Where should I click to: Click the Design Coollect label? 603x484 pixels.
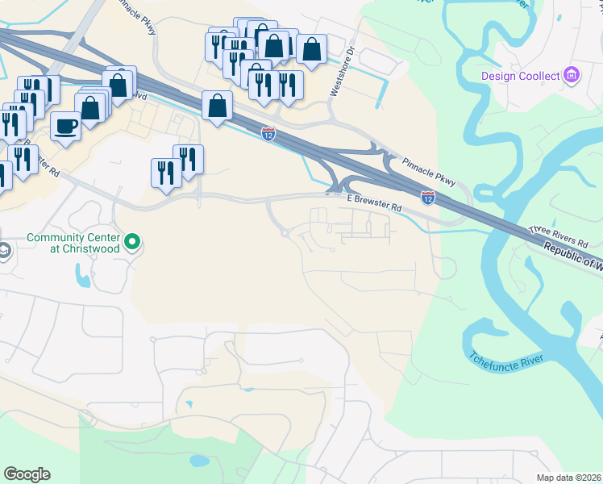[x=520, y=76]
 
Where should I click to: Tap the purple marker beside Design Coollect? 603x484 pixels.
[x=572, y=76]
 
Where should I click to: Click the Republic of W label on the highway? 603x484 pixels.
[x=572, y=256]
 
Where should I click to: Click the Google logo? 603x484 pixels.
[x=27, y=474]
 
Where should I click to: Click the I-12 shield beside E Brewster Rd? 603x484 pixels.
[x=428, y=197]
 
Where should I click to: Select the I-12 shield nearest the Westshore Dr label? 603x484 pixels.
[x=268, y=134]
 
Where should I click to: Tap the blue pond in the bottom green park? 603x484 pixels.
[x=197, y=462]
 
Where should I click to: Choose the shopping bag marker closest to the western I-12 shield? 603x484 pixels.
[x=217, y=105]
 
